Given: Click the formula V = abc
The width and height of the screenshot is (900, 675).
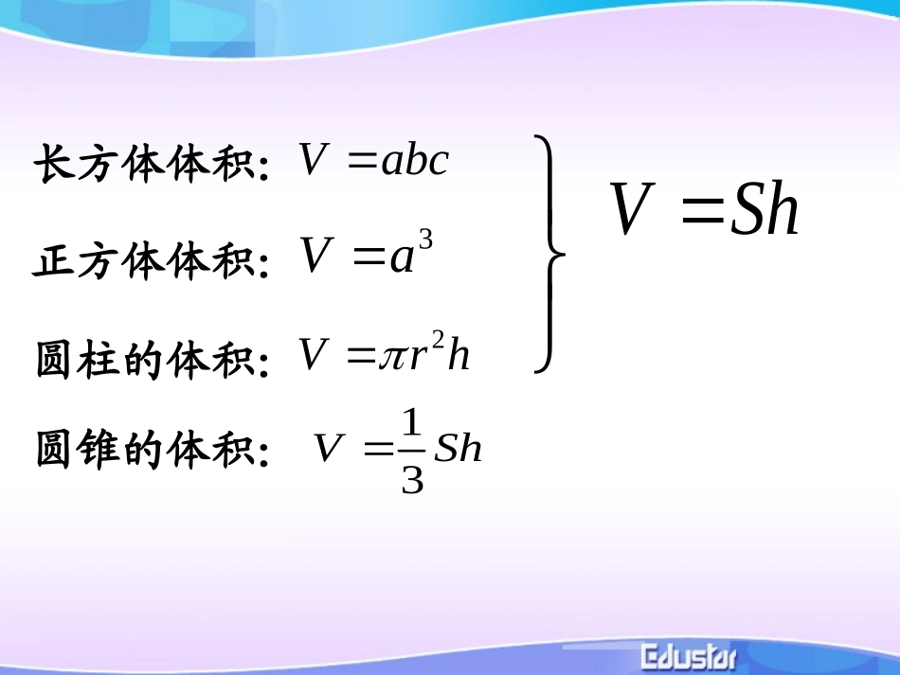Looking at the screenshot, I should (373, 161).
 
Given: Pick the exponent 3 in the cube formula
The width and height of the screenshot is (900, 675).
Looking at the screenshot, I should (425, 240).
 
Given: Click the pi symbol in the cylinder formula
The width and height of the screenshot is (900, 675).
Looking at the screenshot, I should (391, 357).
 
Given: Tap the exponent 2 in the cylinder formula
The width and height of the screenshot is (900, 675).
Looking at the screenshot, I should (438, 340).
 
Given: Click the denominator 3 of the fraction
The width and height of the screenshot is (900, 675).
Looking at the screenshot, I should (412, 479).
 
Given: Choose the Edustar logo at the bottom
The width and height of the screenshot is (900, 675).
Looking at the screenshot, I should (689, 656).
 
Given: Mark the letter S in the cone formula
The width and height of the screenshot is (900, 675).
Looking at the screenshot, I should (445, 449).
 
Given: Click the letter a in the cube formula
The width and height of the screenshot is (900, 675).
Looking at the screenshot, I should (402, 258).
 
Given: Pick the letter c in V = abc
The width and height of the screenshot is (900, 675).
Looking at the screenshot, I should (437, 163).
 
